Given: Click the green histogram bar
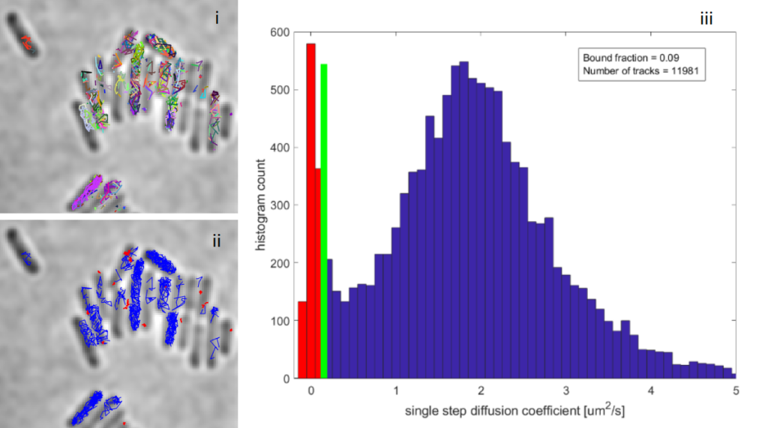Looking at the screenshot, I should point(324,225).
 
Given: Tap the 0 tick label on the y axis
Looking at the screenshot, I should point(286,379).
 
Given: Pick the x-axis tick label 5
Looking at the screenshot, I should point(736,391).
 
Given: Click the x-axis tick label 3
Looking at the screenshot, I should point(565,391).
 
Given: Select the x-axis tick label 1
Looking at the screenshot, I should point(395,391).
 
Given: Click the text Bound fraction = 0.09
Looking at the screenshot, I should point(628,57).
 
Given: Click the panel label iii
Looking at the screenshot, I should point(706,19).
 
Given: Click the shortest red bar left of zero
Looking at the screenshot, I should point(302,340).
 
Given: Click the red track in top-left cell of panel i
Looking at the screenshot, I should point(25,42).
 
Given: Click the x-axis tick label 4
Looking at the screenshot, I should point(650,391).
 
